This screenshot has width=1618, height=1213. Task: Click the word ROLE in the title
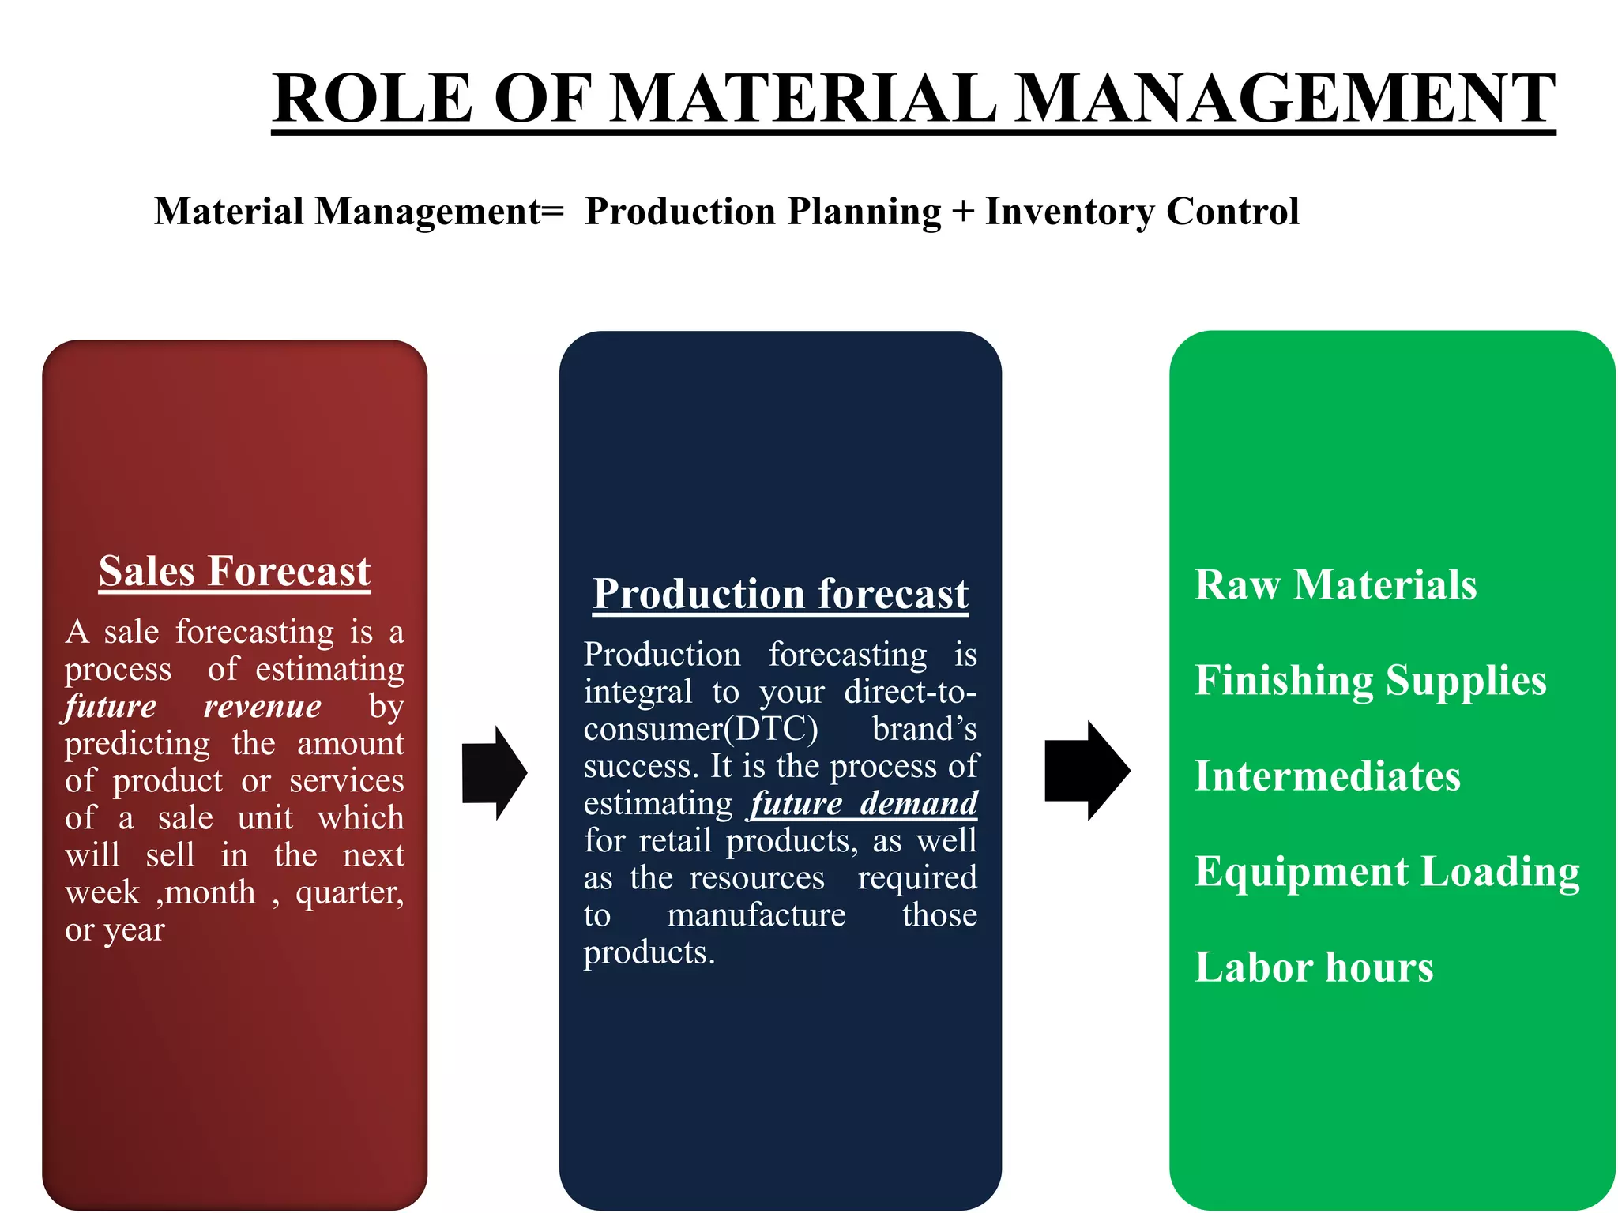(372, 98)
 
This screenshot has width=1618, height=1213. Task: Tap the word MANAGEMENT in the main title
(1285, 98)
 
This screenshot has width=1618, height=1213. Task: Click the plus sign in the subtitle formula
(962, 212)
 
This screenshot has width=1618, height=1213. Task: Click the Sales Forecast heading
(235, 571)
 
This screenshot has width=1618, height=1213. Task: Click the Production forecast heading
(781, 594)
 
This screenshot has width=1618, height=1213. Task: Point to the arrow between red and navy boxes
(494, 772)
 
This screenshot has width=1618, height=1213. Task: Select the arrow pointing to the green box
(1086, 771)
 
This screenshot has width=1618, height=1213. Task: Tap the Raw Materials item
(1335, 585)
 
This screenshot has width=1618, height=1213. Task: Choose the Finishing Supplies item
(1370, 681)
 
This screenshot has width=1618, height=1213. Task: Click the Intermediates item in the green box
(1327, 776)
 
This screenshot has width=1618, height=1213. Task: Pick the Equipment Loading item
(1387, 872)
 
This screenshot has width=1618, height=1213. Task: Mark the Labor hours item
(1313, 967)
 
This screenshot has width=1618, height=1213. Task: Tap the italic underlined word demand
(919, 803)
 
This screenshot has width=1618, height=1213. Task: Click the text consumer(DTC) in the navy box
(701, 729)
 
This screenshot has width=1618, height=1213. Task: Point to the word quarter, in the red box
(349, 893)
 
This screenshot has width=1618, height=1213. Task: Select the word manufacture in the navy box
(756, 915)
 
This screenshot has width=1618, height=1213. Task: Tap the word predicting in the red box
(137, 744)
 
